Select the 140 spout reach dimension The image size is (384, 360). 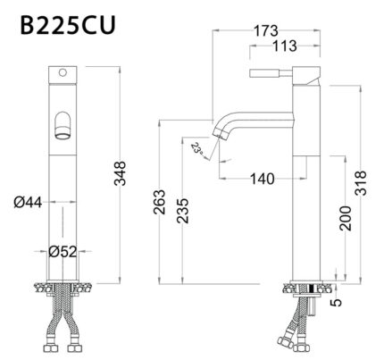click(260, 179)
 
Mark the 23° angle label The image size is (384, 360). click(197, 147)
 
